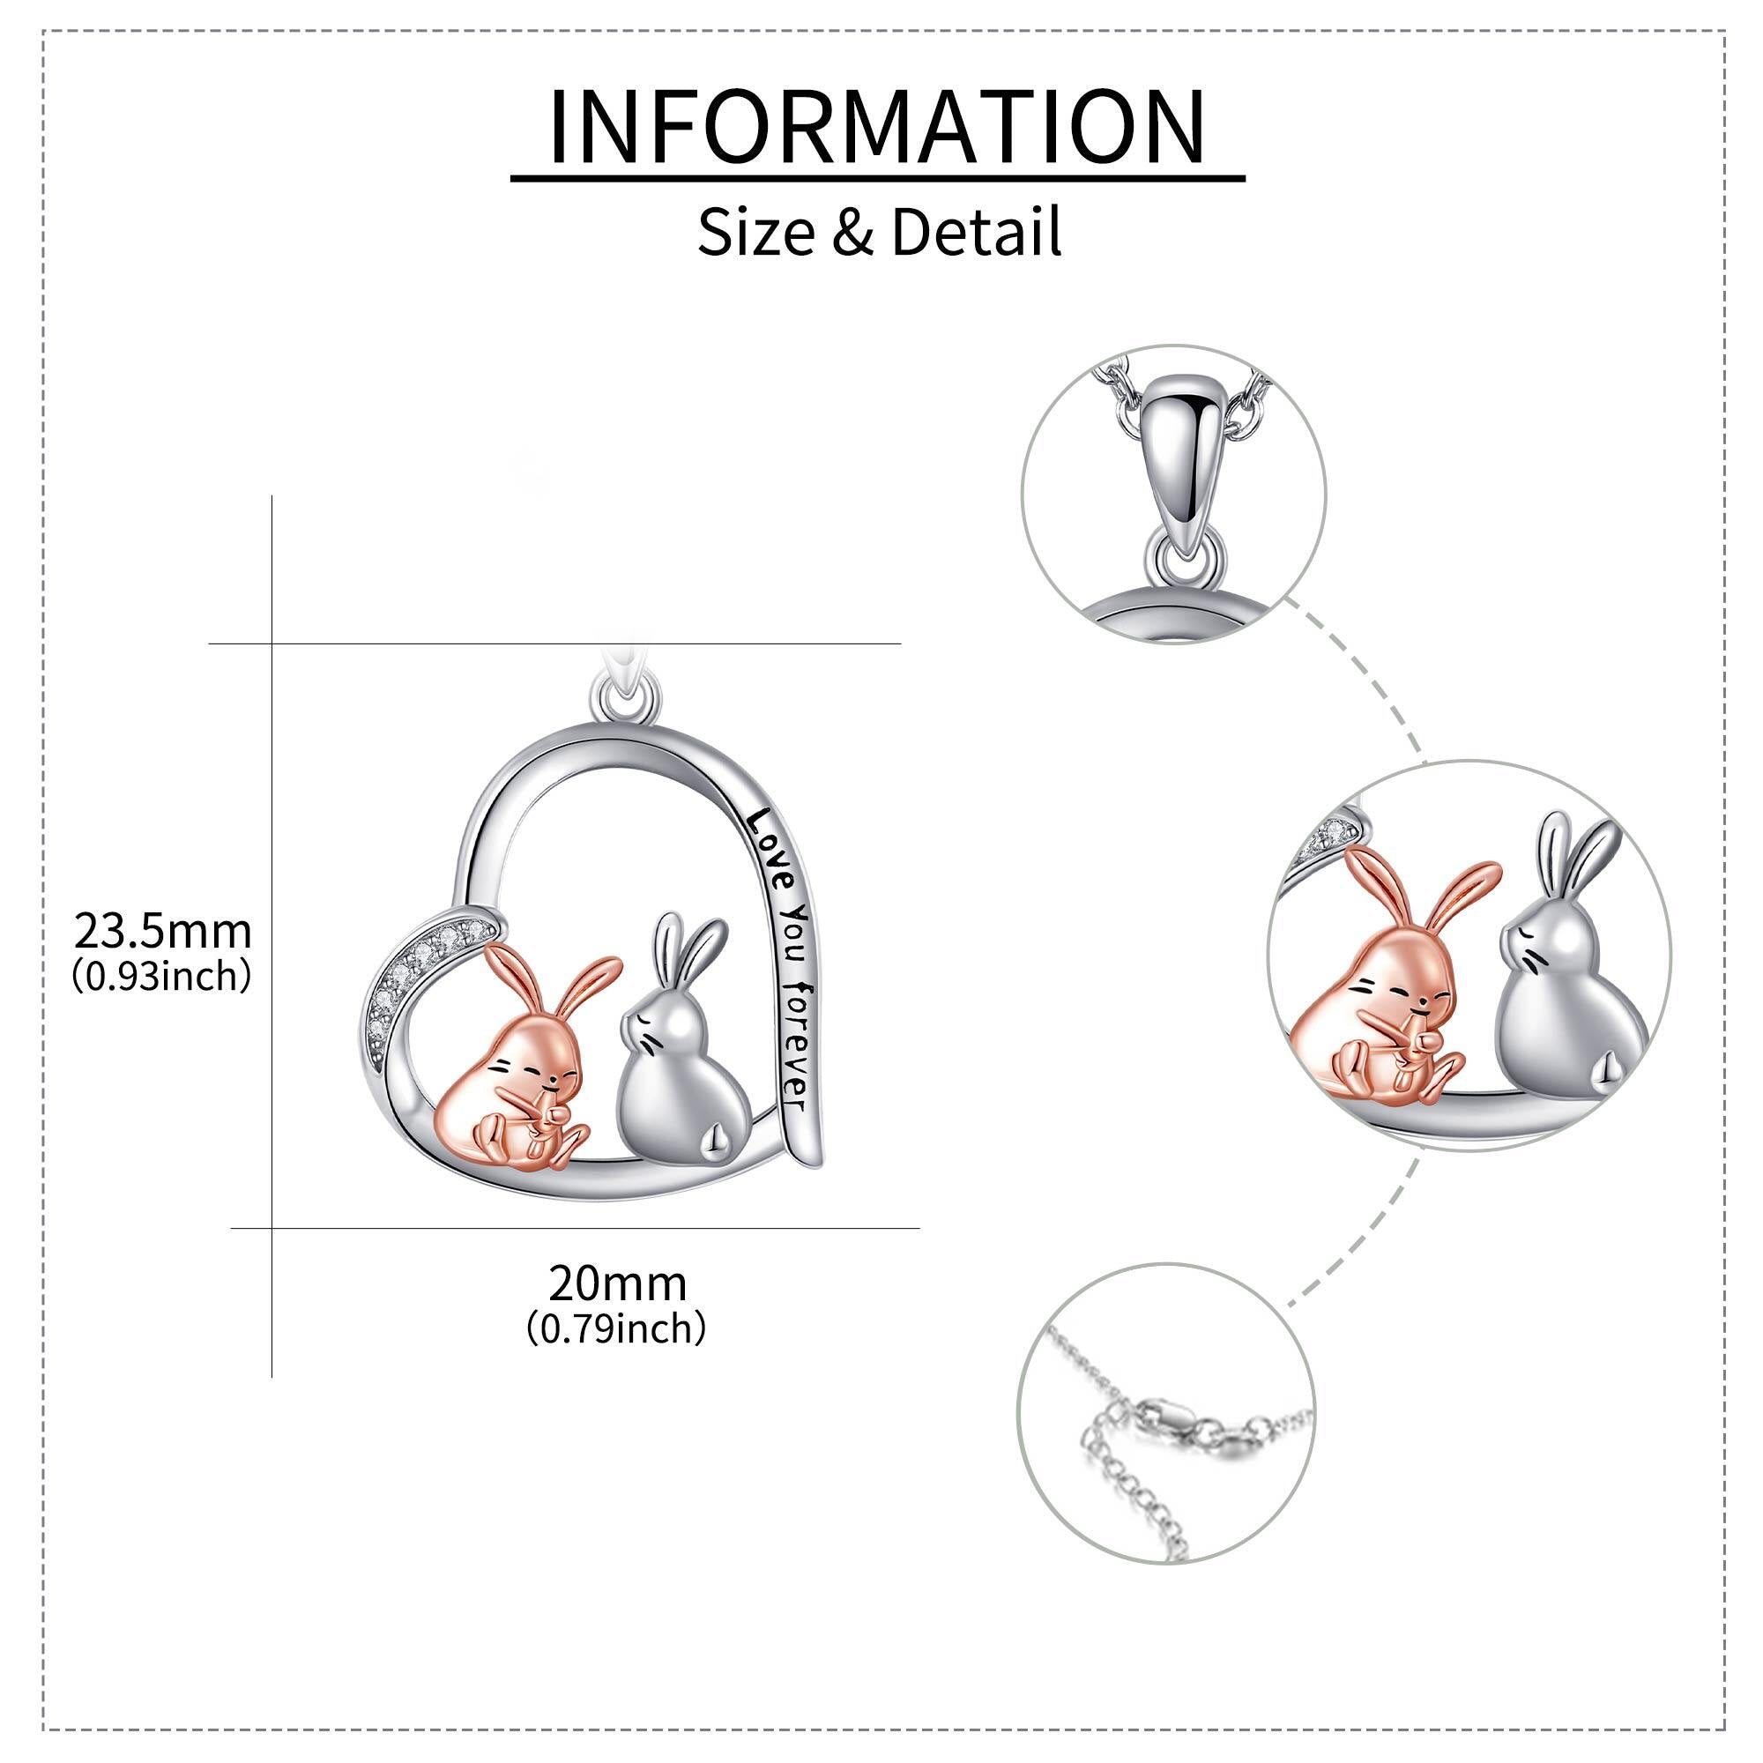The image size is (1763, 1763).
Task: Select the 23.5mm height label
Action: pyautogui.click(x=162, y=932)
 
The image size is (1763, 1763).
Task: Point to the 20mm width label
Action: pyautogui.click(x=618, y=1284)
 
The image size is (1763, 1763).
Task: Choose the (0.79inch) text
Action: pyautogui.click(x=617, y=1328)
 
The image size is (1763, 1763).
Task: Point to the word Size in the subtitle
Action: pyautogui.click(x=756, y=232)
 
